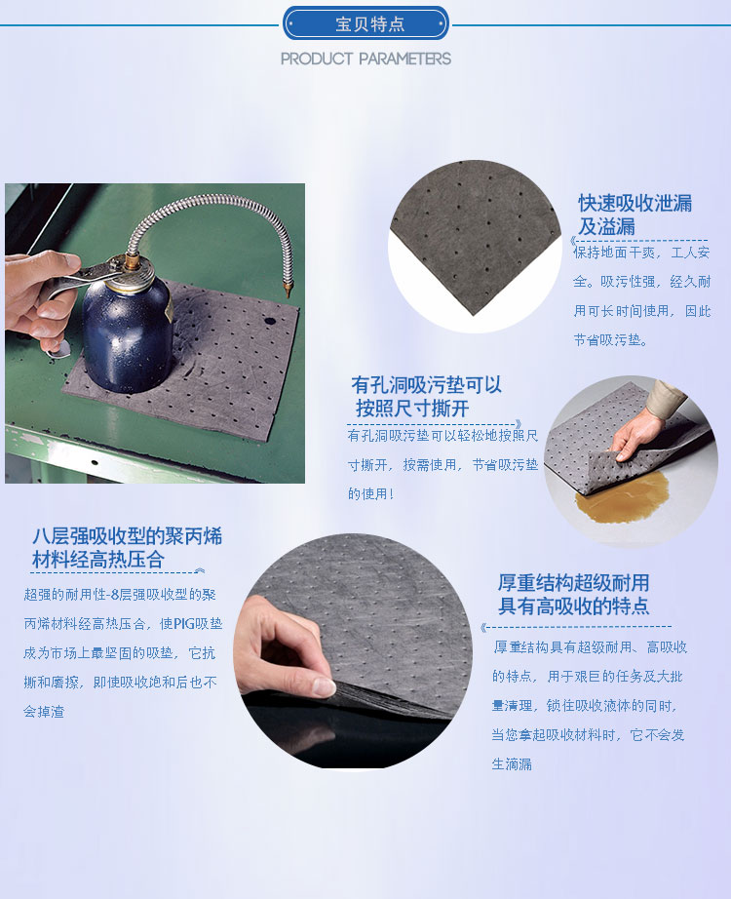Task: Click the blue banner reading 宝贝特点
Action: pos(365,22)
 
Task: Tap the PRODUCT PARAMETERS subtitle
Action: pos(365,59)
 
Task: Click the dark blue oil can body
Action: pos(127,332)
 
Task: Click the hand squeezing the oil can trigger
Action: pos(39,293)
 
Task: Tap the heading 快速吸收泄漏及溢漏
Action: pos(635,215)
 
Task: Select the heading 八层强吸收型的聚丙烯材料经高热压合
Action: pos(127,548)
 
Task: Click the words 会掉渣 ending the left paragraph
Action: pos(44,712)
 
